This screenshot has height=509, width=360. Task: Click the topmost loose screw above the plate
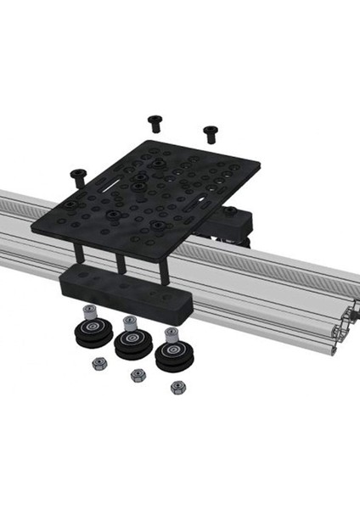155,122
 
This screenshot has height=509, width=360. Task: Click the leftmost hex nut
98,363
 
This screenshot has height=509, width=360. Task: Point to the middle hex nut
138,375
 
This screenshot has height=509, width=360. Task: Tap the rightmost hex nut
177,387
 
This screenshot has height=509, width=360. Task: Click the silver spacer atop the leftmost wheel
88,313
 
